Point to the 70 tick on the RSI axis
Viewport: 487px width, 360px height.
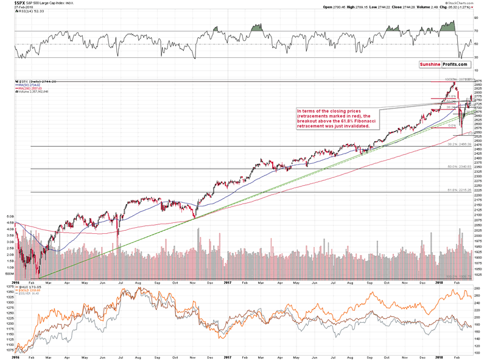(477, 30)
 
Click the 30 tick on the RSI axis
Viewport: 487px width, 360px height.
(477, 57)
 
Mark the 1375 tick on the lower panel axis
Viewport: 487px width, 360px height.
(8, 286)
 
